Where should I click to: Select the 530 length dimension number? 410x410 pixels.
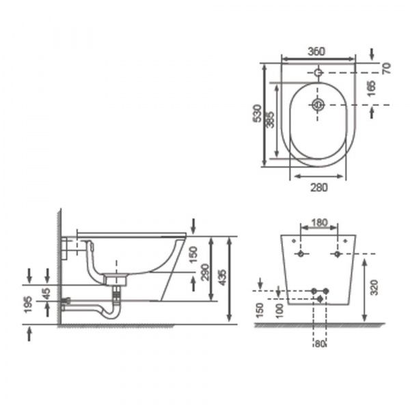258,113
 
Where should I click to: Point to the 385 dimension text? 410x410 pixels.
271,120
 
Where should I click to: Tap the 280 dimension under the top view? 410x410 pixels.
318,187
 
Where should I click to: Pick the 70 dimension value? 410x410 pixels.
387,68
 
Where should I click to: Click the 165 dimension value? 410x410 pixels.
371,89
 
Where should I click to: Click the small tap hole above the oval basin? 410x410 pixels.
318,72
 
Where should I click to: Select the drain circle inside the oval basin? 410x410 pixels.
318,105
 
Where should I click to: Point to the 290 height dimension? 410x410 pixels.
205,272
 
